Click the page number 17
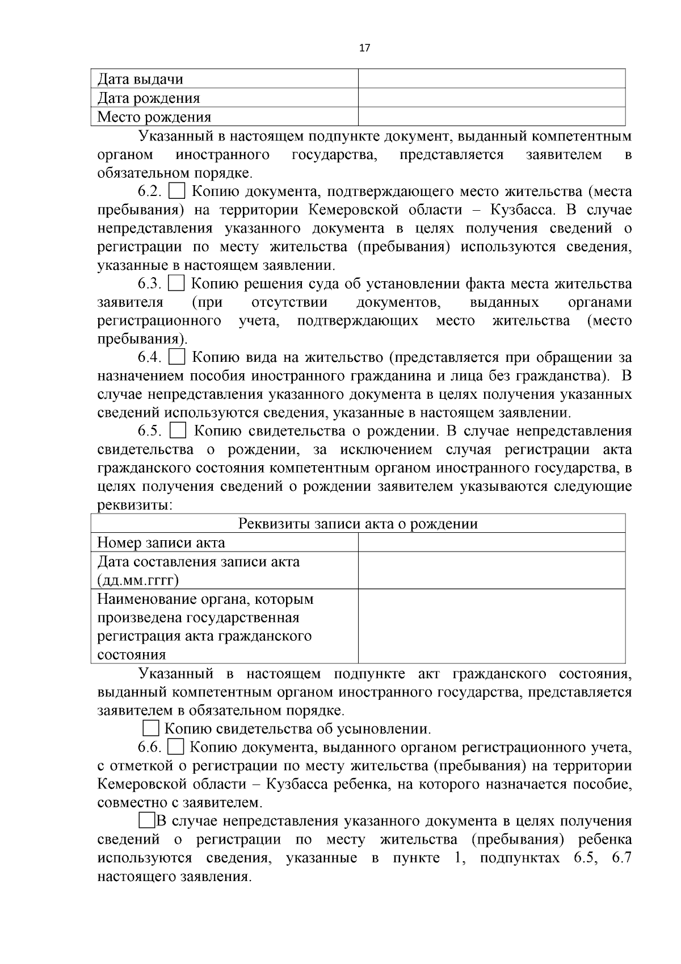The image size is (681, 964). [364, 48]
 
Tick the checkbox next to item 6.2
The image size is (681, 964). [177, 191]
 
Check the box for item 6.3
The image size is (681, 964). [177, 283]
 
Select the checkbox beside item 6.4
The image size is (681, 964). [178, 357]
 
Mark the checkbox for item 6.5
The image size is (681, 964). [178, 431]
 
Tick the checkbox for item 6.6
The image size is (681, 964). [176, 747]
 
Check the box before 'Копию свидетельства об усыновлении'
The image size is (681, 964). [151, 729]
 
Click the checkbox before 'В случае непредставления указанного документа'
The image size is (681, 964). [146, 821]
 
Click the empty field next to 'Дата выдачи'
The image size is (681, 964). [491, 79]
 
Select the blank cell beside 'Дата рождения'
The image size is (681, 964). [491, 98]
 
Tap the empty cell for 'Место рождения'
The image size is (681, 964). [491, 116]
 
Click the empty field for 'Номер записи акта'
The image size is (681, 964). [491, 542]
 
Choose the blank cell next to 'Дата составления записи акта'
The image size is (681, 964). [491, 570]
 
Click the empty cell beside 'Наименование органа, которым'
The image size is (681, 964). [491, 626]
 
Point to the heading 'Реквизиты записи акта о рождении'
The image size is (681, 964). [358, 524]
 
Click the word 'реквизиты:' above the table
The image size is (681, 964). [135, 505]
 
